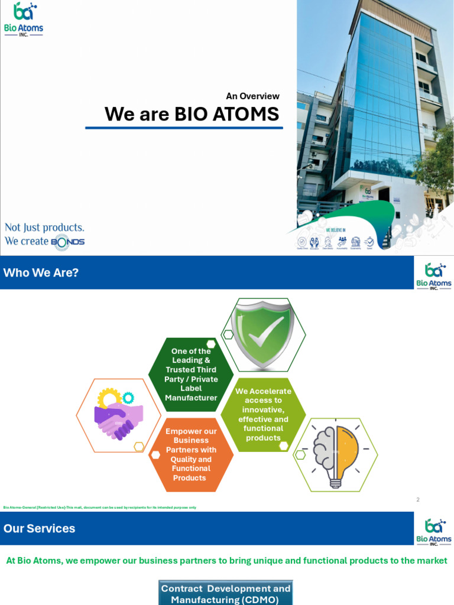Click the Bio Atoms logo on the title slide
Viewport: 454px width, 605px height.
pos(24,19)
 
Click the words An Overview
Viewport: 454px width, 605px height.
pos(252,96)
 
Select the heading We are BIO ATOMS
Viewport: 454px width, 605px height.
pos(192,114)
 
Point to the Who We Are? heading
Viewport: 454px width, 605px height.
pos(41,272)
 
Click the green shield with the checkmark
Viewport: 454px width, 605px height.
pos(263,334)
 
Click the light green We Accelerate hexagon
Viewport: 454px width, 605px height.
pos(263,414)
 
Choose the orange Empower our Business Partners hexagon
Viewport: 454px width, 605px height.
pos(190,454)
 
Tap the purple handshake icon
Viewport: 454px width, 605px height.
pos(118,415)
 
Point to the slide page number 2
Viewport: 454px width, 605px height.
pos(417,499)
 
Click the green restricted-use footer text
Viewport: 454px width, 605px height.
pos(99,508)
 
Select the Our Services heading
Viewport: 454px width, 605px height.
pos(39,528)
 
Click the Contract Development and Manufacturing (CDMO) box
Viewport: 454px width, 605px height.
pos(226,594)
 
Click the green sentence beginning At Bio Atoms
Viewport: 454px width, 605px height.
pos(226,561)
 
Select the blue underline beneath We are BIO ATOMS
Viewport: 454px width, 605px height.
pos(184,128)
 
